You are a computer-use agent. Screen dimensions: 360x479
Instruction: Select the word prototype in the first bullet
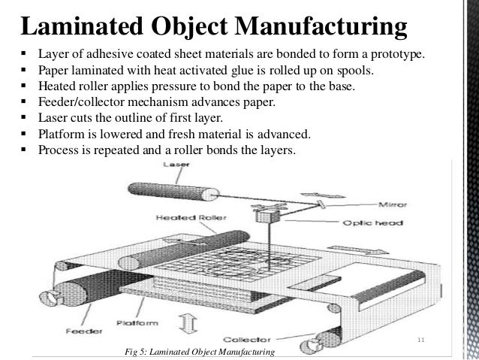pos(396,56)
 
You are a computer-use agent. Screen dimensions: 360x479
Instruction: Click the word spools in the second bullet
pos(342,71)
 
